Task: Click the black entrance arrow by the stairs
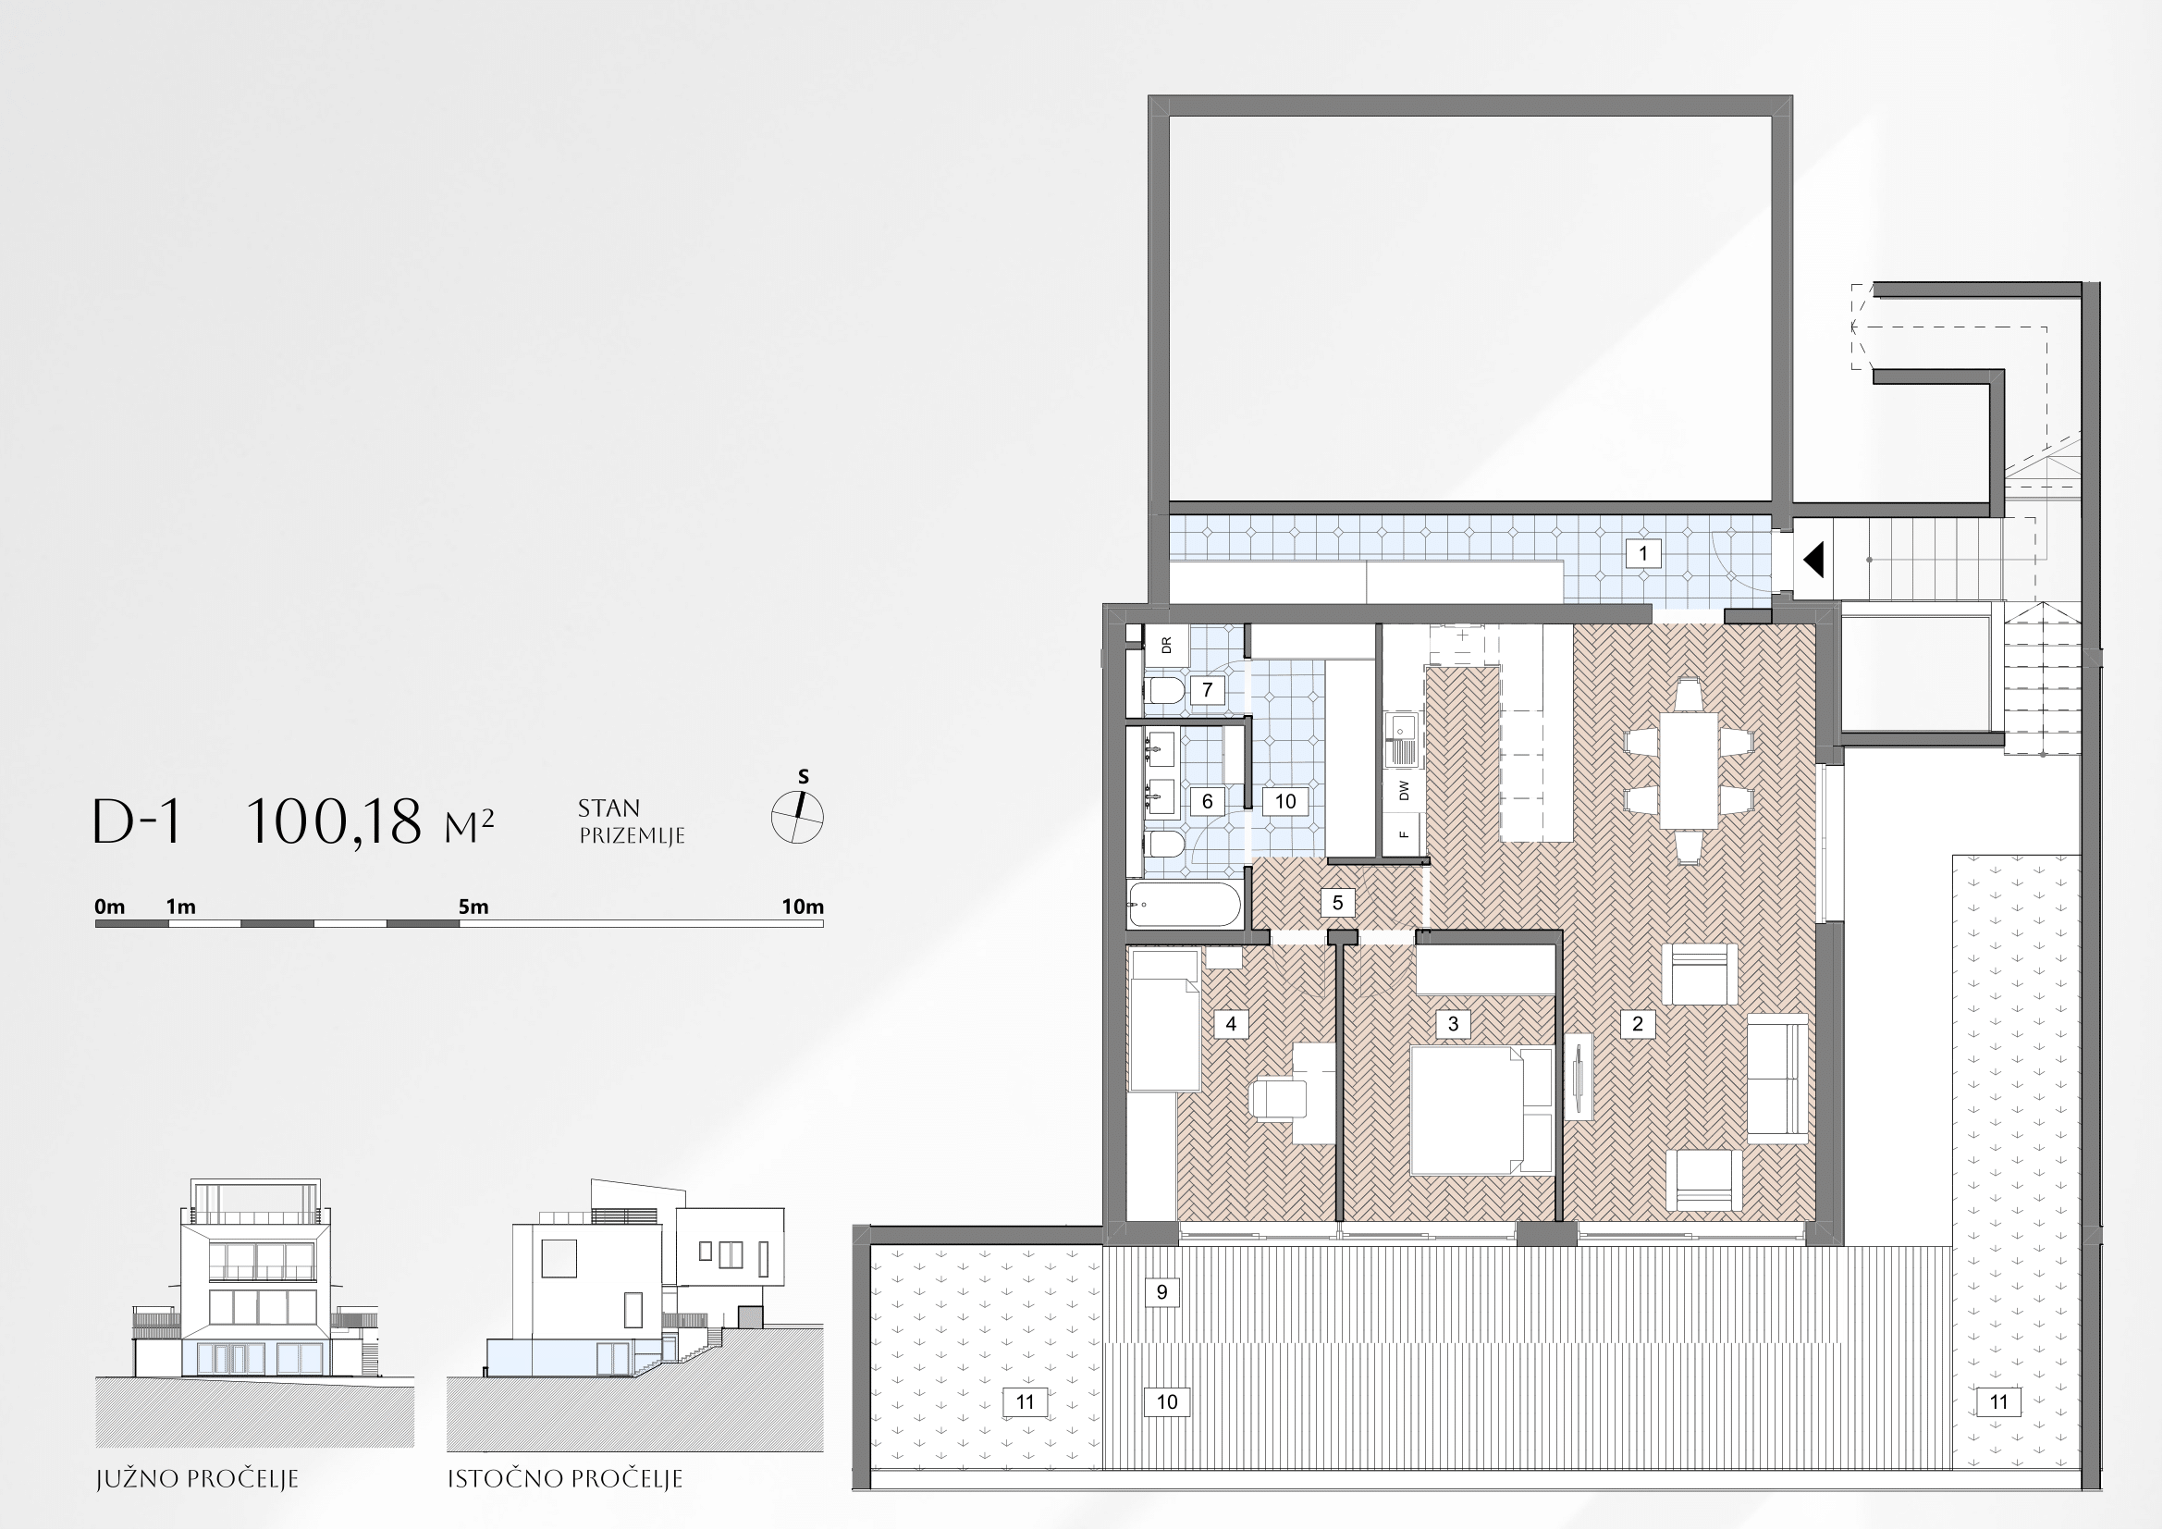(x=1813, y=560)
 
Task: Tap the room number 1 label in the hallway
(x=1643, y=553)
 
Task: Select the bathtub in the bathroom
(x=1185, y=904)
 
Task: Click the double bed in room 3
(x=1481, y=1111)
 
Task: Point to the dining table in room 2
(x=1689, y=771)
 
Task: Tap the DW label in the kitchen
(x=1405, y=789)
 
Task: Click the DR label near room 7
(x=1166, y=646)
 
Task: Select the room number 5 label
(x=1337, y=903)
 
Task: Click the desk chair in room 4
(x=1277, y=1100)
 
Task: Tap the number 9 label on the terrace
(x=1161, y=1291)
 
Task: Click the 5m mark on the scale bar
(x=473, y=907)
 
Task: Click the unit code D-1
(x=138, y=821)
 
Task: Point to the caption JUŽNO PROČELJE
(x=197, y=1478)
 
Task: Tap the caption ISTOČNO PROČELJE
(x=564, y=1478)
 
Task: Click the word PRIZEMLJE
(x=632, y=835)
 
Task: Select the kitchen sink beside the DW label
(x=1403, y=740)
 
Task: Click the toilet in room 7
(x=1163, y=691)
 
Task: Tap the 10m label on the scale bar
(x=803, y=907)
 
